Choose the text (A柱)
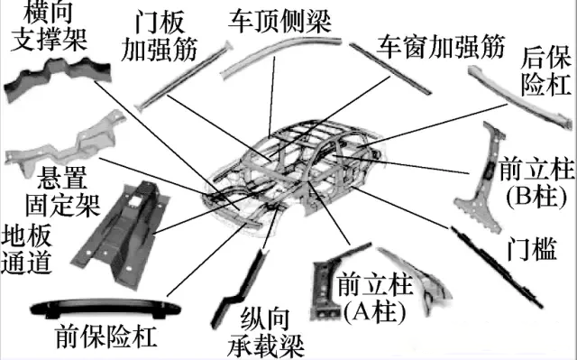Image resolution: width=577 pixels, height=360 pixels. coord(372,308)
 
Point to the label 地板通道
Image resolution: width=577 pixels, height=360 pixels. coord(27,249)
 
